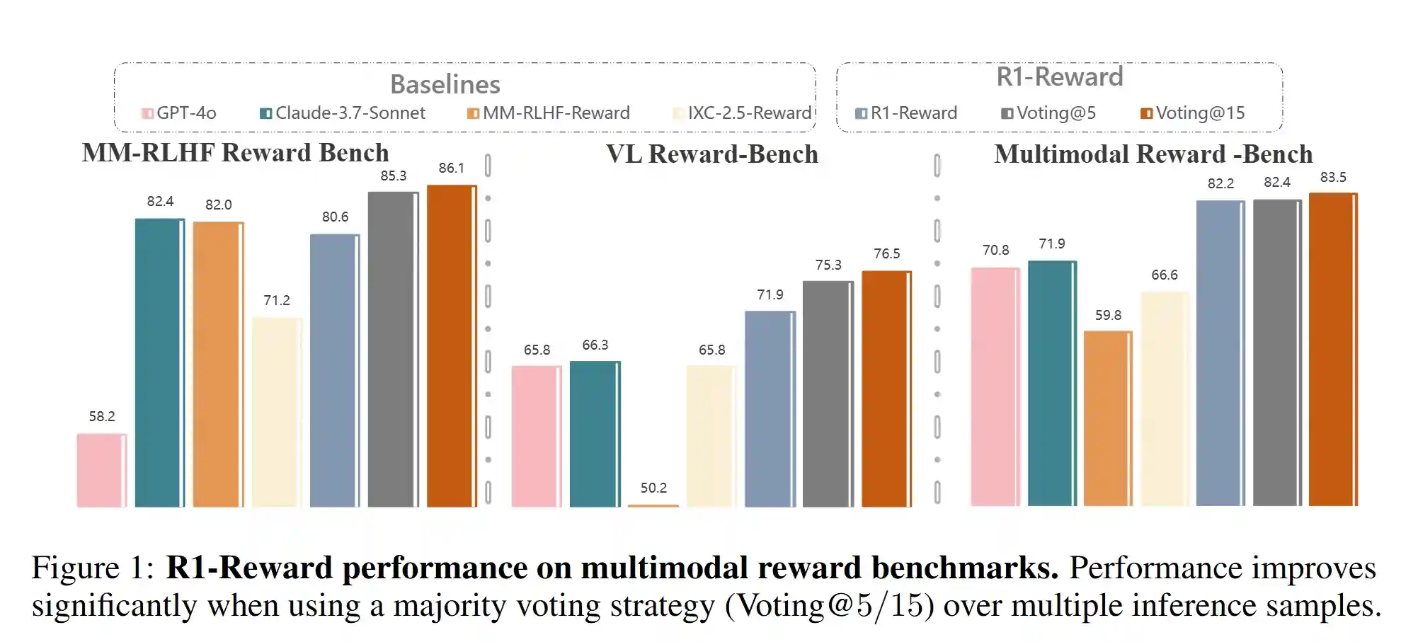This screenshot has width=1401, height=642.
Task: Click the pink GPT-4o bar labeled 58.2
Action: (x=102, y=470)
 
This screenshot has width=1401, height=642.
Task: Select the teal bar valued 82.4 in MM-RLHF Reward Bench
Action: (x=160, y=362)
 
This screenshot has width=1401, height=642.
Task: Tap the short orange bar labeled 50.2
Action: (x=653, y=505)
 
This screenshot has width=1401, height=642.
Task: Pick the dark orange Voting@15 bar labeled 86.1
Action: (x=452, y=345)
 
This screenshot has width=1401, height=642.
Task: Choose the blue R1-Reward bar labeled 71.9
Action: (x=770, y=409)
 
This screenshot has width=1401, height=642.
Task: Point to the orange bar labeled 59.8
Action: (x=1108, y=418)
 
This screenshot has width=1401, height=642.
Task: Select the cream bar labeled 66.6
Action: (x=1165, y=399)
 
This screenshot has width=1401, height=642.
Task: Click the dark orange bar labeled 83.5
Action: (x=1333, y=349)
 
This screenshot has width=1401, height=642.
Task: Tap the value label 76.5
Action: (x=886, y=253)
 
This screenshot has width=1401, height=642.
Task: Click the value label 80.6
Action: (x=335, y=217)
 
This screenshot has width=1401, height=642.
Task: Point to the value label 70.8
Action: (x=995, y=250)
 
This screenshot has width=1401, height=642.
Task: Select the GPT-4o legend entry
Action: (x=179, y=113)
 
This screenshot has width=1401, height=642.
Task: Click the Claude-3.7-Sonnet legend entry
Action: (x=343, y=113)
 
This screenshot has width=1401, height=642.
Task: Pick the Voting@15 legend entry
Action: (x=1193, y=113)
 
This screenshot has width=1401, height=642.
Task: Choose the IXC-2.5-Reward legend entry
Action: (x=743, y=113)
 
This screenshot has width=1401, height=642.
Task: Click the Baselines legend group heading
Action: (x=445, y=84)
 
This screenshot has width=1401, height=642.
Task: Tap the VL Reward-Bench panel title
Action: (x=711, y=154)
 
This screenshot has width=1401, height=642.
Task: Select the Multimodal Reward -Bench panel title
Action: (x=1153, y=154)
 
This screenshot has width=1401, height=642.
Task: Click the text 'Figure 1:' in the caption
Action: (x=93, y=568)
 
